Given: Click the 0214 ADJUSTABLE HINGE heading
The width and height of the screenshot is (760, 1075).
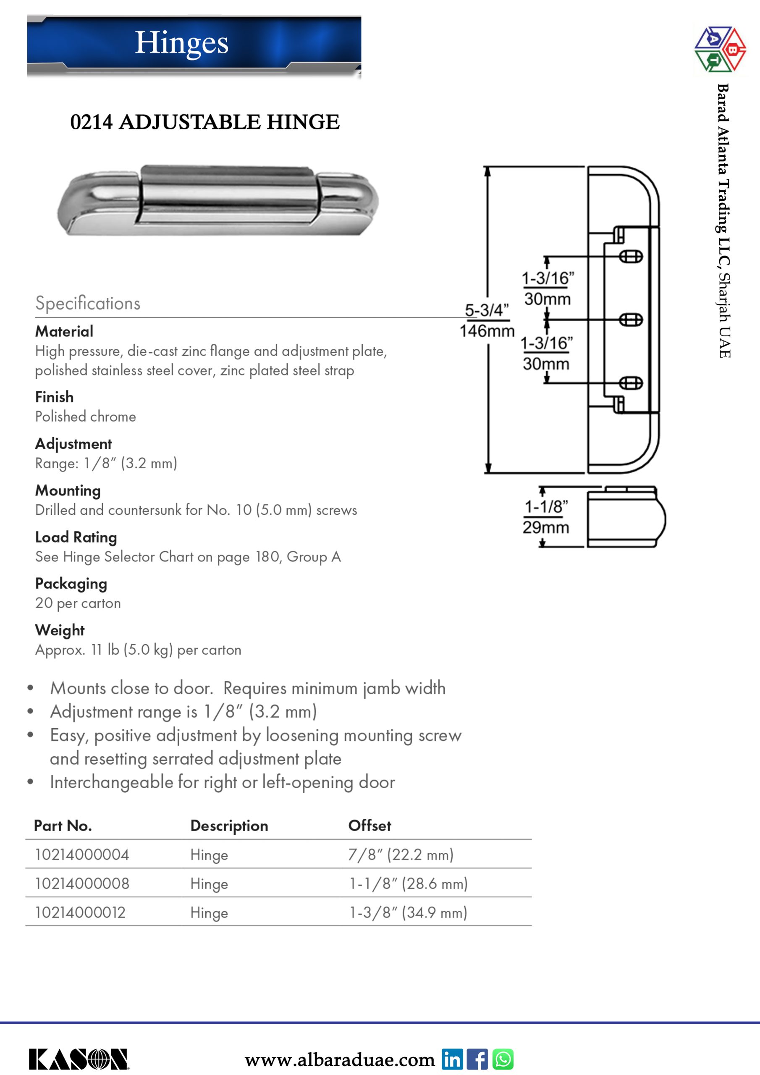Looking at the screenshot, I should tap(204, 122).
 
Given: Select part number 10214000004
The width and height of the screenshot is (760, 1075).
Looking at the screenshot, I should tap(82, 855).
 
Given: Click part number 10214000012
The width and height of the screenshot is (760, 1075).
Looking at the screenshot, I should tap(80, 912).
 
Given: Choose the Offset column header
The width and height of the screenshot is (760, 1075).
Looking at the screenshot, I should tap(370, 826).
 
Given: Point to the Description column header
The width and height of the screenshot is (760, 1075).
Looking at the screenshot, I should tap(229, 826).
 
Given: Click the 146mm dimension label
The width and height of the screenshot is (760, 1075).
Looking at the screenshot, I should tap(487, 331).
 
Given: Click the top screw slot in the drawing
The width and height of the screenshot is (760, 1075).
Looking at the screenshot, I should tap(631, 257).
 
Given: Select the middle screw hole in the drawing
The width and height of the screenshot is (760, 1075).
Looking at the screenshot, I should tap(631, 320).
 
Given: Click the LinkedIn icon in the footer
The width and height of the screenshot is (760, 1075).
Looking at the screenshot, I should tap(452, 1059).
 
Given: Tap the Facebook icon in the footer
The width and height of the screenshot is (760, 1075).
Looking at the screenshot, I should tap(477, 1059).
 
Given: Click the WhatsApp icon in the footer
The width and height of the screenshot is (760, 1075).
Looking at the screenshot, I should tap(503, 1059).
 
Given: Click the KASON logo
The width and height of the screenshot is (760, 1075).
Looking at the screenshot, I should tap(79, 1059).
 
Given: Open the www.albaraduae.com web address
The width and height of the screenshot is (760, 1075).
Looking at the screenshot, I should tap(340, 1059).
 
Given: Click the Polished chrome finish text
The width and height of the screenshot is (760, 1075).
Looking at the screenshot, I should tap(86, 416).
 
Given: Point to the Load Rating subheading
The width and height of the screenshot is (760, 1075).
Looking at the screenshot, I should tap(76, 537).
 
